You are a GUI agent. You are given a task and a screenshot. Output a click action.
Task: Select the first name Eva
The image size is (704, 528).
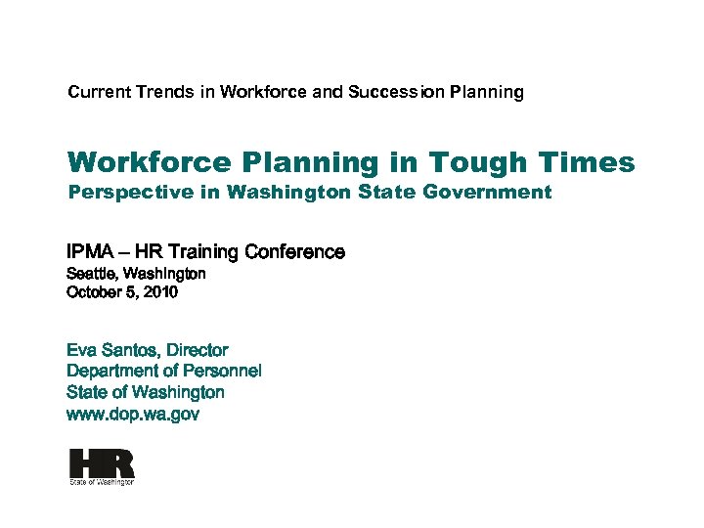click(81, 350)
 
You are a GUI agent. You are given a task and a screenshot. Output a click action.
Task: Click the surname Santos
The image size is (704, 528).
click(129, 350)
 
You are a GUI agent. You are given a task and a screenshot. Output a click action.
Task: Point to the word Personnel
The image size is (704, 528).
click(222, 371)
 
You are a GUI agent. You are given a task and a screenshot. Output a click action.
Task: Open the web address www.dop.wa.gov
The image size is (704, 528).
click(133, 414)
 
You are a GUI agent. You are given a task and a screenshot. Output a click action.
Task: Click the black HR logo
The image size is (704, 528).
click(102, 462)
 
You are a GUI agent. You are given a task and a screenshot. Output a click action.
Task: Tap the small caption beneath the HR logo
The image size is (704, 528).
click(101, 482)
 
